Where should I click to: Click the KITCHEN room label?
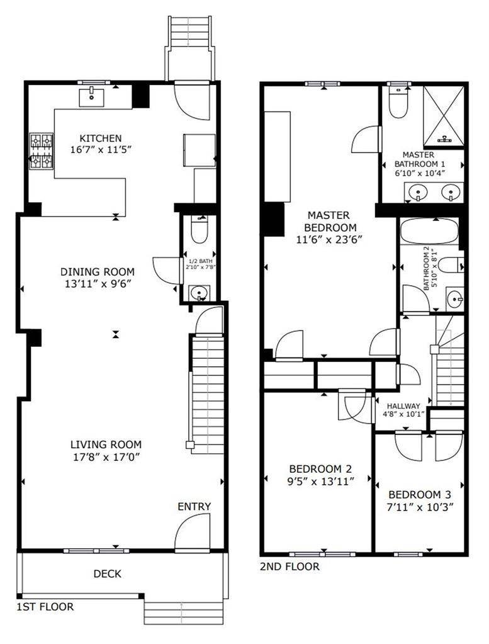[x=100, y=138]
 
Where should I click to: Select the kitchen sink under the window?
[x=93, y=97]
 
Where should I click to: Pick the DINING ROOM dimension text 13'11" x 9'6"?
[x=98, y=284]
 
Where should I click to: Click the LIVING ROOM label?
[x=106, y=444]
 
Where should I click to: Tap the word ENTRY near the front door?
[x=194, y=507]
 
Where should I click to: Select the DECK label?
[x=107, y=574]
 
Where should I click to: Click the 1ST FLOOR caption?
[x=45, y=607]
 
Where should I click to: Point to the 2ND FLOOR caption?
[x=289, y=567]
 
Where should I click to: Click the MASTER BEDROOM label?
[x=330, y=222]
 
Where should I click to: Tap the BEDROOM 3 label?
[x=420, y=494]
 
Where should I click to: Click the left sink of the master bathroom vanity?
[x=417, y=192]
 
